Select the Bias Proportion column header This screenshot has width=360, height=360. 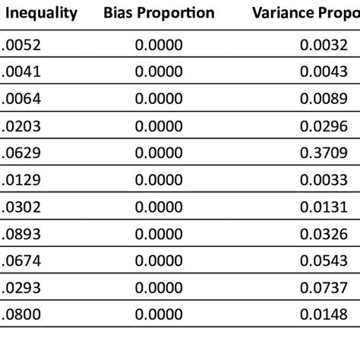(x=159, y=13)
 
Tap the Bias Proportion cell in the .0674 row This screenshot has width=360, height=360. (x=159, y=261)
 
